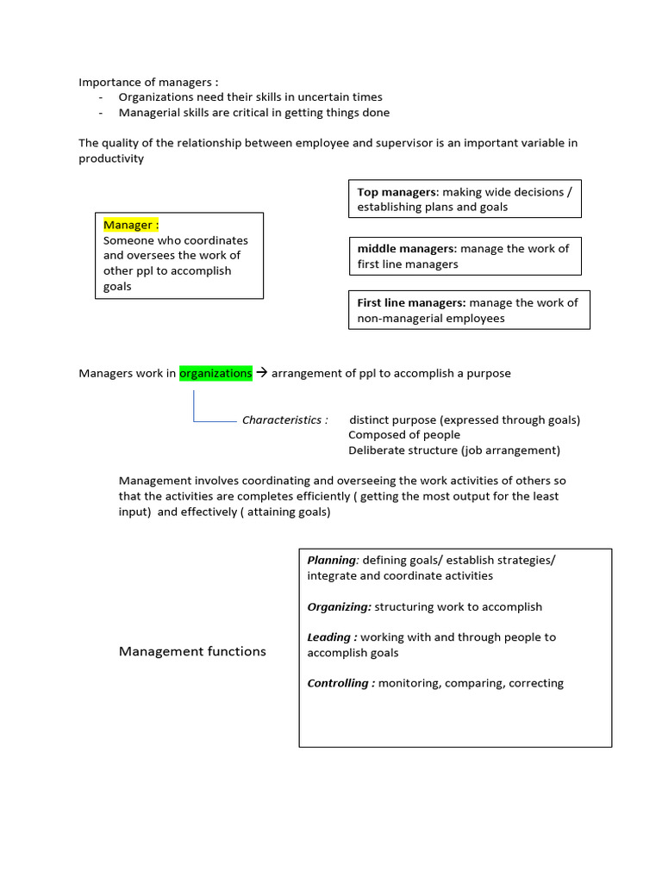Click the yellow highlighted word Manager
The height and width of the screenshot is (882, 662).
pos(130,225)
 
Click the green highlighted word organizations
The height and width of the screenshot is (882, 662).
pos(215,373)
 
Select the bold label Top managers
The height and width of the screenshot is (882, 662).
pos(398,191)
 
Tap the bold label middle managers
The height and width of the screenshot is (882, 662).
pos(407,248)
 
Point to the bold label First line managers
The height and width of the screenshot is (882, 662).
pos(411,302)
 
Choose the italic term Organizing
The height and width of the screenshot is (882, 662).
pos(339,606)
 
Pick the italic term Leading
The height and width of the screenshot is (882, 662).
pos(333,637)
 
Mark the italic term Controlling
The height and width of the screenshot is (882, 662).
pos(340,683)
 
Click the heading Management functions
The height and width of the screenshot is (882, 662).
pos(192,651)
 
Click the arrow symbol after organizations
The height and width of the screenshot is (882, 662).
pos(263,373)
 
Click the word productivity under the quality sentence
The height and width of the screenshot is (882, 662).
pos(111,158)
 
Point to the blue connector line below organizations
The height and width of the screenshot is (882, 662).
pos(195,407)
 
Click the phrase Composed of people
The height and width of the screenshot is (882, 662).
pos(404,435)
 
